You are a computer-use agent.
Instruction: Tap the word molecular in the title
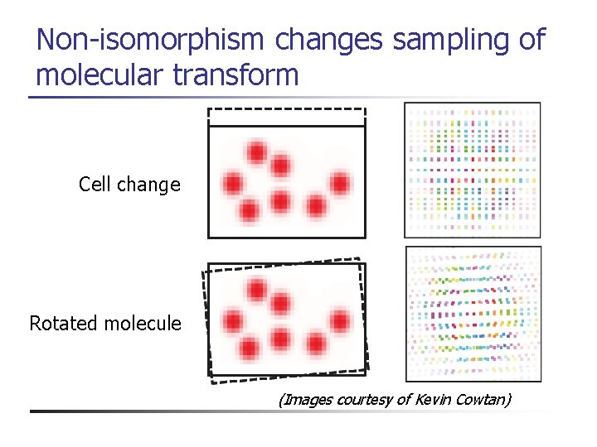tap(99, 75)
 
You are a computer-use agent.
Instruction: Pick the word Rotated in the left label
tap(64, 323)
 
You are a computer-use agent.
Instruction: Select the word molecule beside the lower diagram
tap(143, 323)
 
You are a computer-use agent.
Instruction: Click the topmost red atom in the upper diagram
tap(256, 152)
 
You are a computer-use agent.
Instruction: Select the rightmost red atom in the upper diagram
tap(339, 183)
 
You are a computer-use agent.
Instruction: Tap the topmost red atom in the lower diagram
tap(256, 290)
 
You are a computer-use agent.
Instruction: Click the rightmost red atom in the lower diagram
tap(339, 321)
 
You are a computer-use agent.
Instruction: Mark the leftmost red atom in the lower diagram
tap(233, 321)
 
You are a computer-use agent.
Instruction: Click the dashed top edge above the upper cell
tap(286, 109)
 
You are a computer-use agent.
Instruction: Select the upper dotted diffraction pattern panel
tap(472, 169)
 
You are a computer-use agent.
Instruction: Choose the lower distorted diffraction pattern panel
tap(472, 313)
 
